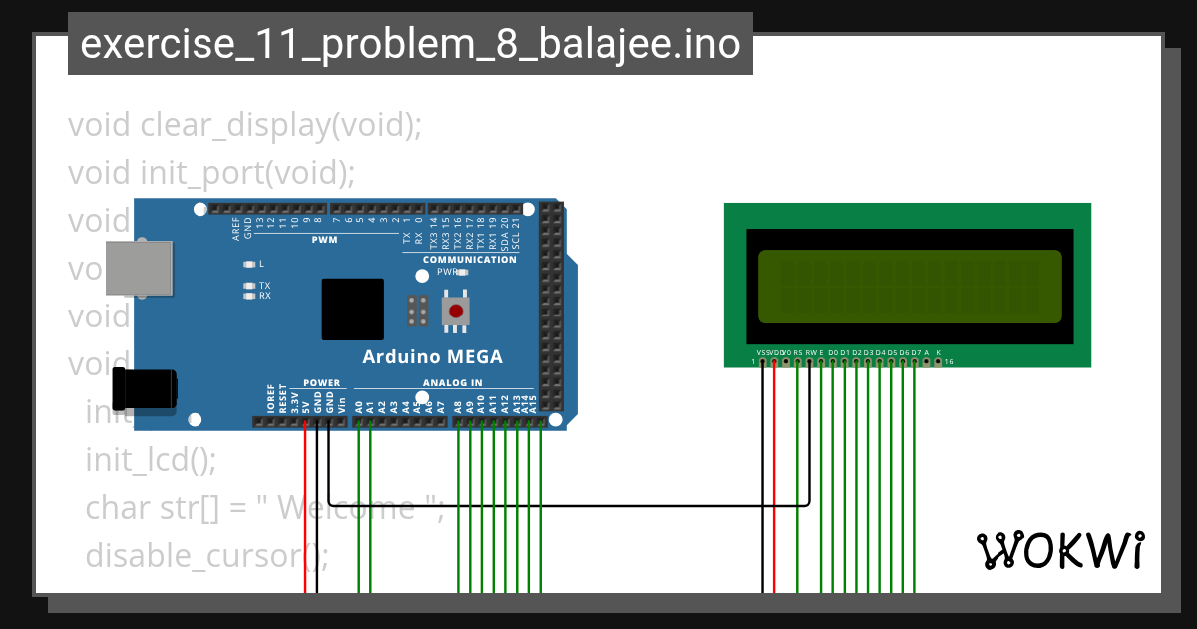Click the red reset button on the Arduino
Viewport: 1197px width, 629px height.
(x=456, y=311)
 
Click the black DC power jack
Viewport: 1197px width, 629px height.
(x=145, y=388)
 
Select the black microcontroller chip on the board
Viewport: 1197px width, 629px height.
(x=352, y=310)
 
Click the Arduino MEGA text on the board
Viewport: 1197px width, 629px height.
(x=432, y=357)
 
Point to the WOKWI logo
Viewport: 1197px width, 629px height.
(x=1059, y=550)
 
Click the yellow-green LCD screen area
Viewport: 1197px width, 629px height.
(x=909, y=287)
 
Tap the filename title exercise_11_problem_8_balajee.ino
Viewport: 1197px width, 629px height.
(x=410, y=44)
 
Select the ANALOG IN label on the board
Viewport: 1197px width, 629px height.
(x=452, y=382)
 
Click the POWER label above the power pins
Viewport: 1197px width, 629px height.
(x=321, y=382)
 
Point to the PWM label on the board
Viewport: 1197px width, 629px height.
(x=325, y=240)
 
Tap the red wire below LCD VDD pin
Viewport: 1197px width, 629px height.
(x=774, y=479)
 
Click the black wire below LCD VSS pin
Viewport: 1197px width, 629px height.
(x=763, y=479)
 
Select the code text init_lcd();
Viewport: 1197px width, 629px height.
(x=151, y=460)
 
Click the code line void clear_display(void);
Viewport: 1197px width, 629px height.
(x=245, y=126)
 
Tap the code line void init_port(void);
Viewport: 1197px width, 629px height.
(x=211, y=173)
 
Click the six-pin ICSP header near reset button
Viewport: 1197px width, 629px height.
(x=417, y=311)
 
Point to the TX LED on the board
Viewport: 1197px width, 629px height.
(x=249, y=286)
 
